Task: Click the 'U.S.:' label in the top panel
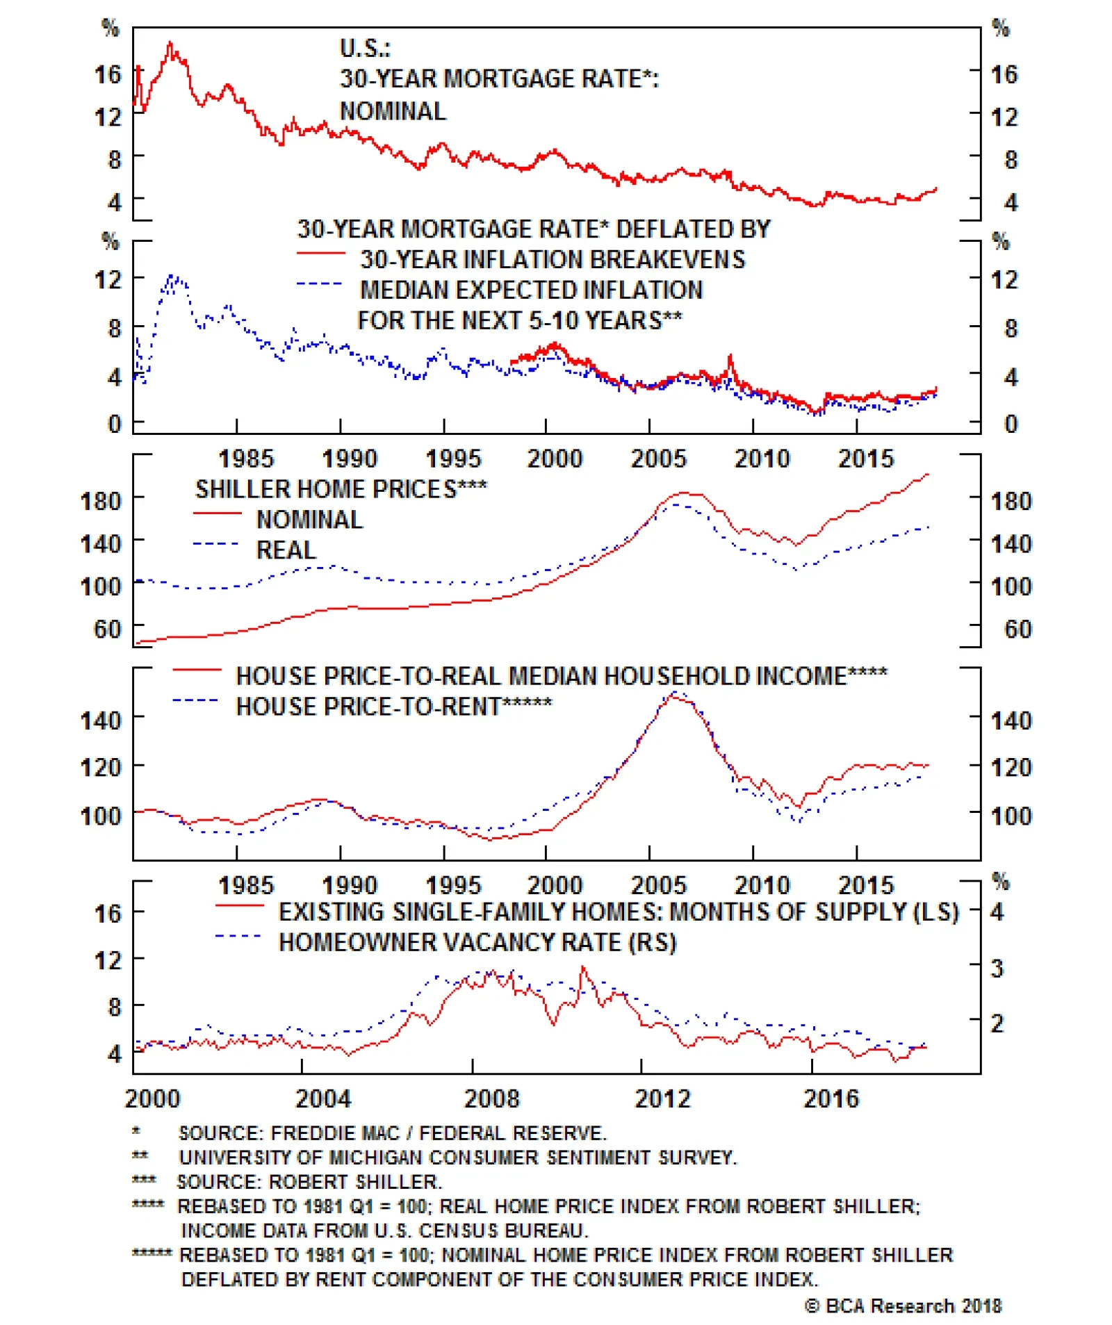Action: click(x=365, y=49)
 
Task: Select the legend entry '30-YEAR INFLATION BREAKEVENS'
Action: click(x=552, y=259)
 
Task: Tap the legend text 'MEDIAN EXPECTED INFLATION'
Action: click(x=531, y=290)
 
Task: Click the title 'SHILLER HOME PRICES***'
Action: click(x=341, y=489)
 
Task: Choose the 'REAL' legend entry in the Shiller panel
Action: click(x=286, y=550)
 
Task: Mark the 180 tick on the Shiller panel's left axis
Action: click(x=101, y=501)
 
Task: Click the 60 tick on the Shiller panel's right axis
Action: click(x=1017, y=629)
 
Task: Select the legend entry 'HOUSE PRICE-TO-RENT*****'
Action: click(x=393, y=707)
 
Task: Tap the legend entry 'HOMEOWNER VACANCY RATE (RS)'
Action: click(x=477, y=942)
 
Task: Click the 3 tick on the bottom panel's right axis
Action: click(x=997, y=968)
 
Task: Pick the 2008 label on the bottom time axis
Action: click(x=491, y=1098)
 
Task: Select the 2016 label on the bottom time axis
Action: click(x=831, y=1098)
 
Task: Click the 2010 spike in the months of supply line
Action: click(x=582, y=967)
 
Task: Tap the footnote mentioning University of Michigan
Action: click(x=457, y=1158)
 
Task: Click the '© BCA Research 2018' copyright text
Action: click(x=903, y=1306)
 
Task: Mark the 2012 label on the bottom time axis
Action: click(x=662, y=1098)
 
